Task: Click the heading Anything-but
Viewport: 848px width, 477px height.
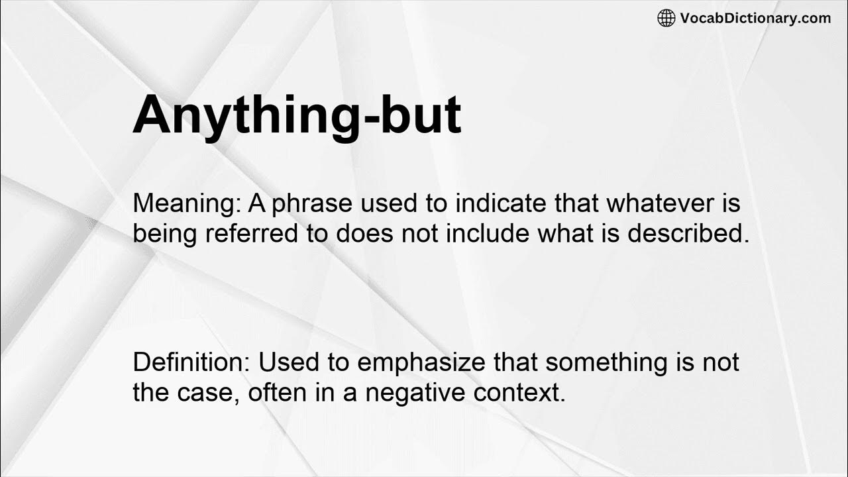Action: click(297, 114)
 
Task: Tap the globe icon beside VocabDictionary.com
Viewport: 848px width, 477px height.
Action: click(666, 18)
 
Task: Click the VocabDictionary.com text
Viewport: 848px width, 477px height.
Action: click(755, 18)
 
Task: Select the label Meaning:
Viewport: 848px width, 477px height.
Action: click(187, 203)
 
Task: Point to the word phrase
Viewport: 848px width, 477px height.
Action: click(313, 203)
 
